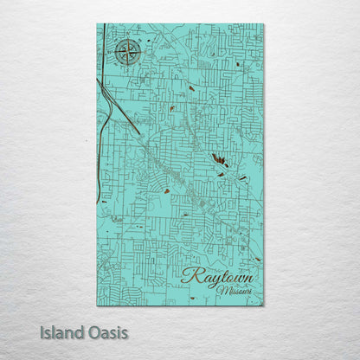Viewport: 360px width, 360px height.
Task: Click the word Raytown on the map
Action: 218,278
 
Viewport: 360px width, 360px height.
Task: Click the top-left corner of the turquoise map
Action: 97,24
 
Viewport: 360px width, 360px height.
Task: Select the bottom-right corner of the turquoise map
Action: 263,305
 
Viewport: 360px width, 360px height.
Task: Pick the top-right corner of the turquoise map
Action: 263,24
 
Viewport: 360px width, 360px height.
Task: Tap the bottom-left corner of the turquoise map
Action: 97,305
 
